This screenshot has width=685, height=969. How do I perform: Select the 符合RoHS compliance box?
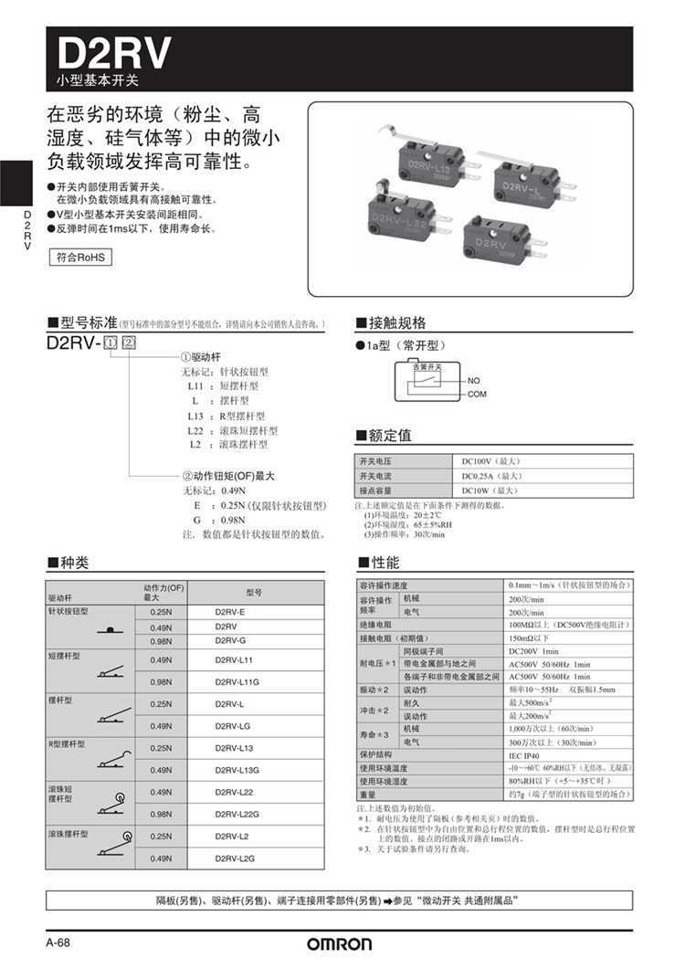[79, 258]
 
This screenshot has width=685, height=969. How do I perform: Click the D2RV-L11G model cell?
[237, 682]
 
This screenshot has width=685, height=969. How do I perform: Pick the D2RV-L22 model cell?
[234, 792]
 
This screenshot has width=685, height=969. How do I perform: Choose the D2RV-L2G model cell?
[236, 858]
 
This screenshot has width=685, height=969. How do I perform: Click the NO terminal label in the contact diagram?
[473, 380]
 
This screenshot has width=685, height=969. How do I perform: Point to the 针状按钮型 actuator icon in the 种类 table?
[109, 630]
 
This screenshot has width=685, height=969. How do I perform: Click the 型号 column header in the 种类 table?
[254, 592]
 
